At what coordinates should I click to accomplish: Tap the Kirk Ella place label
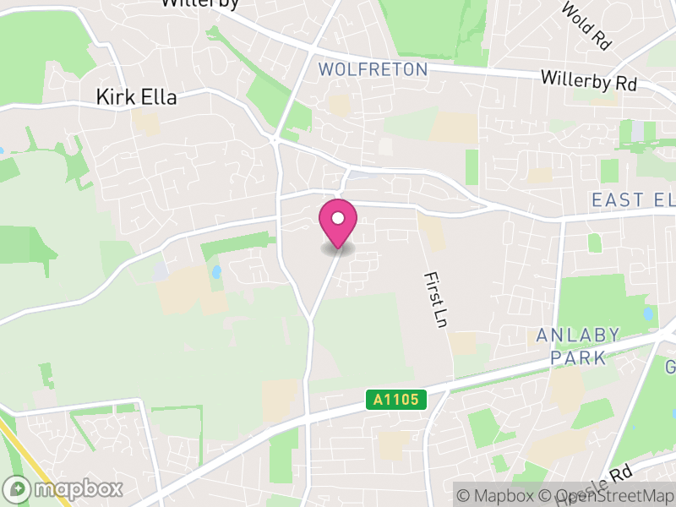click(136, 98)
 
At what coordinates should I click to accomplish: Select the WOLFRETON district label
click(373, 69)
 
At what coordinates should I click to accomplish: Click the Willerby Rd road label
click(588, 81)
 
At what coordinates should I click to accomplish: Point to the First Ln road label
click(435, 301)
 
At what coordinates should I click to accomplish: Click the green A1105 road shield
click(395, 400)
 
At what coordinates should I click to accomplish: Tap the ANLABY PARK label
click(579, 346)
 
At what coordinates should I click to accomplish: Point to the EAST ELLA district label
click(632, 200)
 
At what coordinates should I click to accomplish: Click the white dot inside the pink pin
click(338, 219)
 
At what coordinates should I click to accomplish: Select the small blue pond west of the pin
click(217, 272)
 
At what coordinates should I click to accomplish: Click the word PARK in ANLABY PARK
click(579, 357)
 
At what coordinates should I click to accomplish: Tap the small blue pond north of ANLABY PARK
click(648, 313)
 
